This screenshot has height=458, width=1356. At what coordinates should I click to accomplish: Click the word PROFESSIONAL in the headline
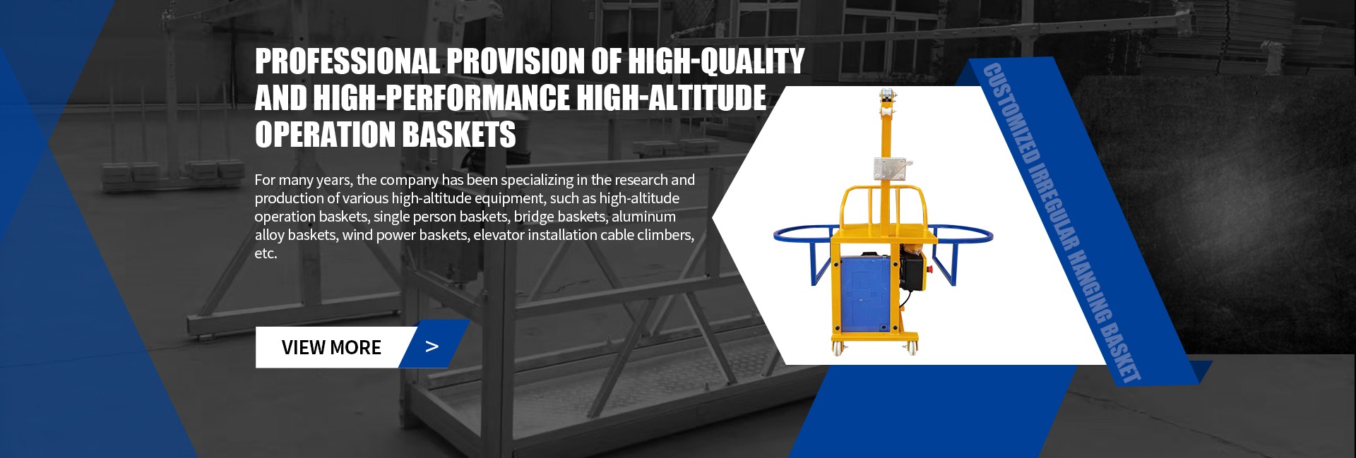pyautogui.click(x=347, y=61)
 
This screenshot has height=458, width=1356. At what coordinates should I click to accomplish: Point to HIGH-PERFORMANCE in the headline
pyautogui.click(x=441, y=98)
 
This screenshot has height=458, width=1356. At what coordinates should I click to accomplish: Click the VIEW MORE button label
pyautogui.click(x=331, y=347)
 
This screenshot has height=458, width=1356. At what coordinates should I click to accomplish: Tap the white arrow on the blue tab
pyautogui.click(x=432, y=346)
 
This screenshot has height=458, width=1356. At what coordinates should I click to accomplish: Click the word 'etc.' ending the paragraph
pyautogui.click(x=266, y=253)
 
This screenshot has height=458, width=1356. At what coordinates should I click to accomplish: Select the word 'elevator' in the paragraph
pyautogui.click(x=498, y=235)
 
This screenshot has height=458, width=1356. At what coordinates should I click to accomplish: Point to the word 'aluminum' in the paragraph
pyautogui.click(x=643, y=217)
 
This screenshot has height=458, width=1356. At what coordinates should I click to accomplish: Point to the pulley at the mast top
pyautogui.click(x=886, y=102)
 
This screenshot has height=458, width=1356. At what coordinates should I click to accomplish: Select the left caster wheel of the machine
pyautogui.click(x=839, y=346)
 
